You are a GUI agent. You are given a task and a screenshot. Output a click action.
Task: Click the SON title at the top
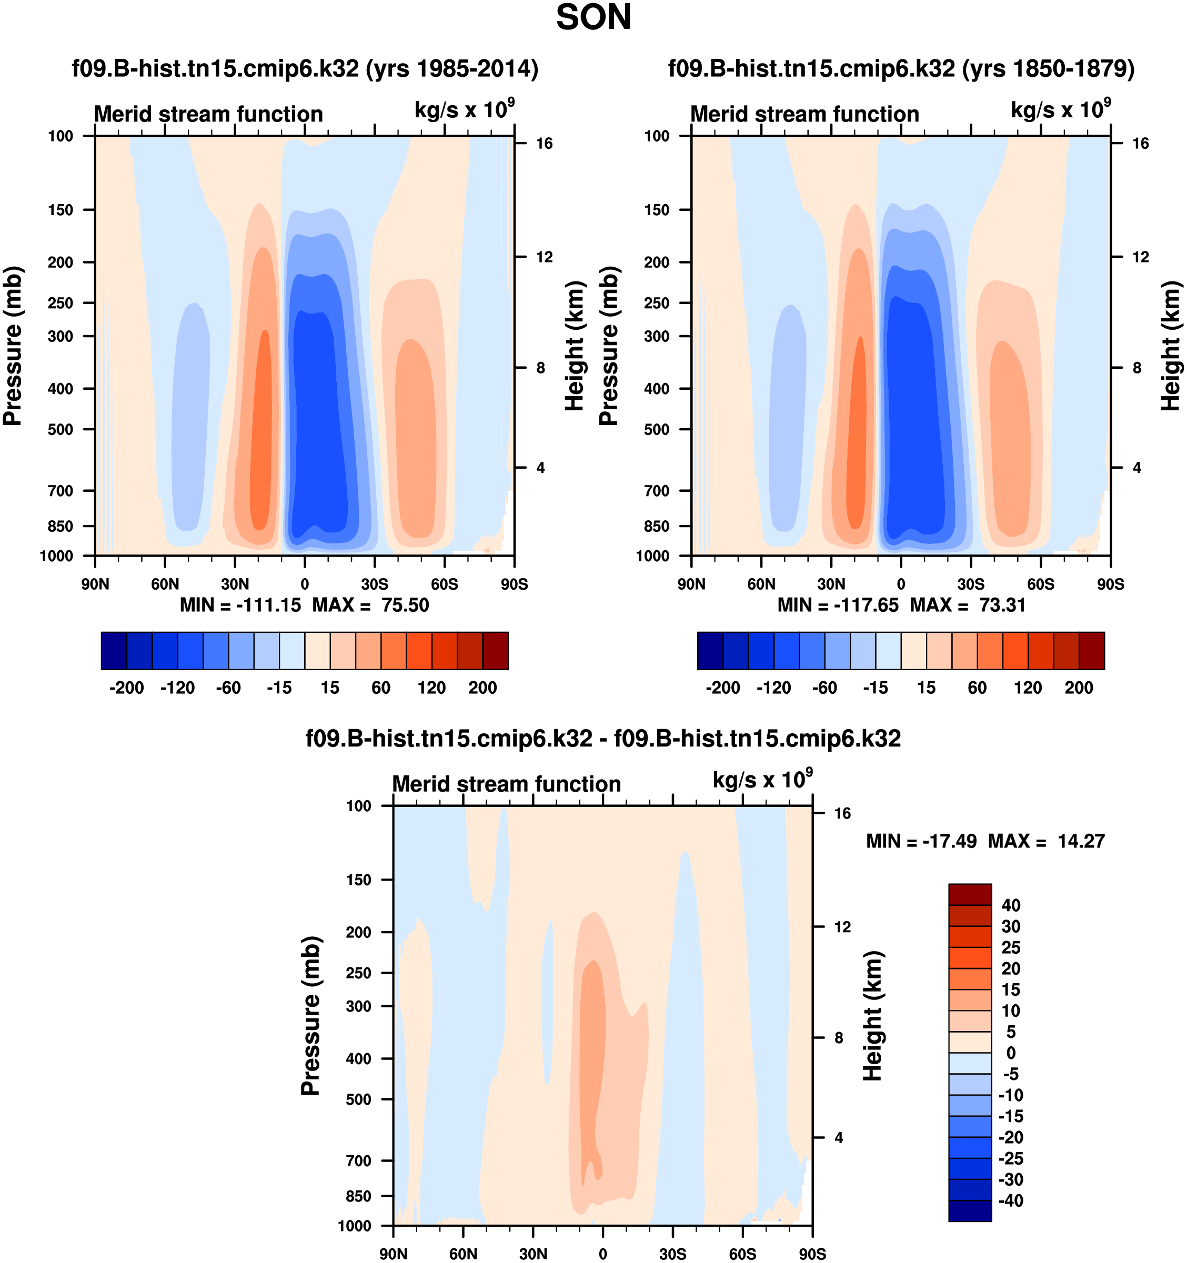593,18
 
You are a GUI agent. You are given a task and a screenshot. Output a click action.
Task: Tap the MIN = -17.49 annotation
921,841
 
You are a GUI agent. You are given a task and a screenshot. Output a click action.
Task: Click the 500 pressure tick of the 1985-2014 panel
61,429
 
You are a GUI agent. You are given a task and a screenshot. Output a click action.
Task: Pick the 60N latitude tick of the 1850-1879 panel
761,584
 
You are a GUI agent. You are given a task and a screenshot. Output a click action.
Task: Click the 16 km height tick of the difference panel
842,813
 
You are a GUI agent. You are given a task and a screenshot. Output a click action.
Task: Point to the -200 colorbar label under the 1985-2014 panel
126,688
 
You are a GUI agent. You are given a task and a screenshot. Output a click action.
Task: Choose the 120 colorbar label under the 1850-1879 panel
1028,688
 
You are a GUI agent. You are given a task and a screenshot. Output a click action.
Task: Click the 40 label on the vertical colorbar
1010,905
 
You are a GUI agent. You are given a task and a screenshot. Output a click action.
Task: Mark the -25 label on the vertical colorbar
1010,1158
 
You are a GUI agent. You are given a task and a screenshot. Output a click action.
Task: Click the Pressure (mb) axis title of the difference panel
310,1015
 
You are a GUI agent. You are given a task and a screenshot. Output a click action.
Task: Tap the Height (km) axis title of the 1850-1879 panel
1171,346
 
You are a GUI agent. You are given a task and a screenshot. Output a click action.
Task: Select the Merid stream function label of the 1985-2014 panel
208,114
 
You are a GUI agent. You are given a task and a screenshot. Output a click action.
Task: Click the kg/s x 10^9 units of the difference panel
762,780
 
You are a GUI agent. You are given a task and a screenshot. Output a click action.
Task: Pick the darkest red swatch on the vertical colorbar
970,894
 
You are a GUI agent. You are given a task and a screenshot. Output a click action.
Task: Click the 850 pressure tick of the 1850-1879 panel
657,526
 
